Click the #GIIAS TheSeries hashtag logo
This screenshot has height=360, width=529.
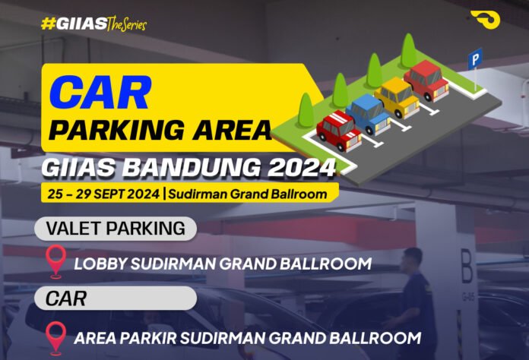pos(93,24)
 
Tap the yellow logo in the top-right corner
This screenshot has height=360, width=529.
pos(484,20)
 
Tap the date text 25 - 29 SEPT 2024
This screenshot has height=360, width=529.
pos(102,194)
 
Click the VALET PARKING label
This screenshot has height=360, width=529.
pos(116,228)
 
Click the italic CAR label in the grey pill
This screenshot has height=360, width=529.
pos(66,298)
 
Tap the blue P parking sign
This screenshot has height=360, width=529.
pos(475,58)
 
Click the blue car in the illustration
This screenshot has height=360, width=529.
pos(368,113)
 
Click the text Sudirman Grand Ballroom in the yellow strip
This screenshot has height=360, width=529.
pos(247,194)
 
